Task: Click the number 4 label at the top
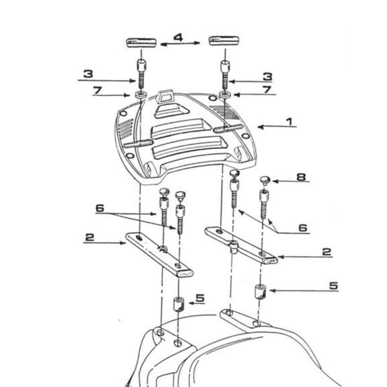point(178,38)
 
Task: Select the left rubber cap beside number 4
point(141,43)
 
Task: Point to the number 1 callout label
point(290,121)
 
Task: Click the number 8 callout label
point(301,176)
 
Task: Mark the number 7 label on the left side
point(97,90)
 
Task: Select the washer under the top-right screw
point(224,95)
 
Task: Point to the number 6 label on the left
point(99,208)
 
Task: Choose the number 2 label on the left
point(89,237)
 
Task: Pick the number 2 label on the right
point(326,252)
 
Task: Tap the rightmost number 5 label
point(333,285)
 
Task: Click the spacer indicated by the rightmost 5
point(261,292)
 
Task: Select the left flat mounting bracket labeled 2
point(158,254)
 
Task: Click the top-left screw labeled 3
point(141,72)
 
